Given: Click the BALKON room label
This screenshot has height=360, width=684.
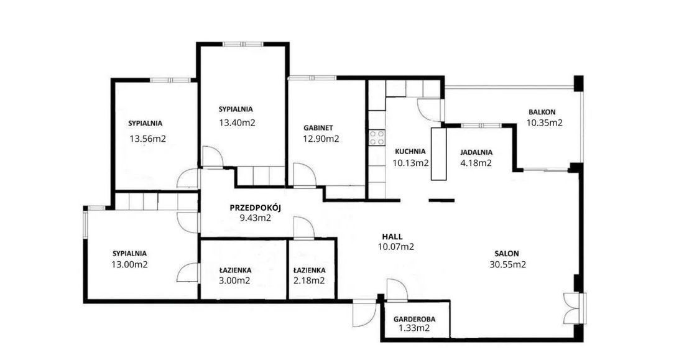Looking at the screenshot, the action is point(542,112).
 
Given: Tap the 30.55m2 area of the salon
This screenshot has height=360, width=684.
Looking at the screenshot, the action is point(508,264).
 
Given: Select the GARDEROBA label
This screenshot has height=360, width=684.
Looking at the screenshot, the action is point(414,319).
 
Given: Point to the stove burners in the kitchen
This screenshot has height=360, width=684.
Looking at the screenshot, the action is point(377,138).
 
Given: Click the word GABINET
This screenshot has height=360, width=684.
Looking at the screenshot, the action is point(318,128).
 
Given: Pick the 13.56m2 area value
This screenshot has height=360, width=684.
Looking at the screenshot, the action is point(148,139).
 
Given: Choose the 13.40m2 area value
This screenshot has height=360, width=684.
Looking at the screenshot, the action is point(237,122).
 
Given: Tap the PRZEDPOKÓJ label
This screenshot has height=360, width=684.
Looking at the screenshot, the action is point(255,207).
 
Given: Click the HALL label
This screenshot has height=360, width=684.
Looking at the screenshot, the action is point(392,236).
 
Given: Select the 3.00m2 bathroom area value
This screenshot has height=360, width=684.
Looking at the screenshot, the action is point(234,280).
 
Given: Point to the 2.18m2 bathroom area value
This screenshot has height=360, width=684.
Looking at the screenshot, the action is point(309,280).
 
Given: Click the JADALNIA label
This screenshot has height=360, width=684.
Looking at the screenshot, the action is point(476,152).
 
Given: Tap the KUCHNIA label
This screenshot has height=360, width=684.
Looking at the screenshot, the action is point(410,152).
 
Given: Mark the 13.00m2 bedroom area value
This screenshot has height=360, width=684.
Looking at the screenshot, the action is point(129,264).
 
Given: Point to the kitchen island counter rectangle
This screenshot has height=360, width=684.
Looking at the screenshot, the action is point(439,154).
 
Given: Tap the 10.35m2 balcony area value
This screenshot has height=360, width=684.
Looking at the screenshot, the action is point(544,123).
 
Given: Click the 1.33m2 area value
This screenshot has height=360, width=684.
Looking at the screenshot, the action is point(414,328).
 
